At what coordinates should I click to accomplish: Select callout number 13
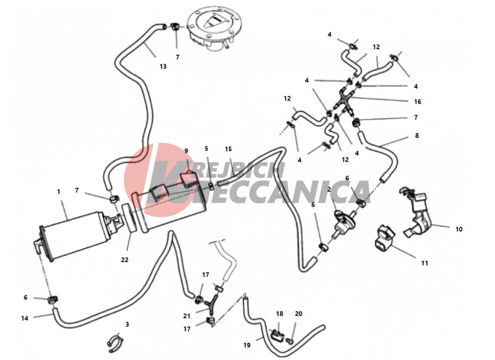[x=163, y=66]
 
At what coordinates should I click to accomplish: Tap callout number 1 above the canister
[x=58, y=192]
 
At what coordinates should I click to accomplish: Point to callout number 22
[x=125, y=260]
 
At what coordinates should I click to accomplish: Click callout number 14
[x=24, y=318]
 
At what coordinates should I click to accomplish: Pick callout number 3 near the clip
[x=127, y=325]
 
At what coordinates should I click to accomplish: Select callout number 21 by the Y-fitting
[x=187, y=316]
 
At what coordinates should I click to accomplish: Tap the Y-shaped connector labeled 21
[x=212, y=304]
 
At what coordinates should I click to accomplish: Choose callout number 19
[x=247, y=345]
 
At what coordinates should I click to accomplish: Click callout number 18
[x=280, y=313]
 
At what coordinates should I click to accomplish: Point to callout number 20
[x=298, y=313]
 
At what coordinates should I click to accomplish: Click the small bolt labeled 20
[x=290, y=341]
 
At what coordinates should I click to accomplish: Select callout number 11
[x=425, y=263]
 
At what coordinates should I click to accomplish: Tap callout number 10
[x=459, y=229]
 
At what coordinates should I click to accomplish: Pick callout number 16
[x=417, y=102]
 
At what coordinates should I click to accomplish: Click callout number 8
[x=417, y=136]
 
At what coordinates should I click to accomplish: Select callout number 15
[x=228, y=149]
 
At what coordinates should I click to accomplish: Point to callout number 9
[x=186, y=151]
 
